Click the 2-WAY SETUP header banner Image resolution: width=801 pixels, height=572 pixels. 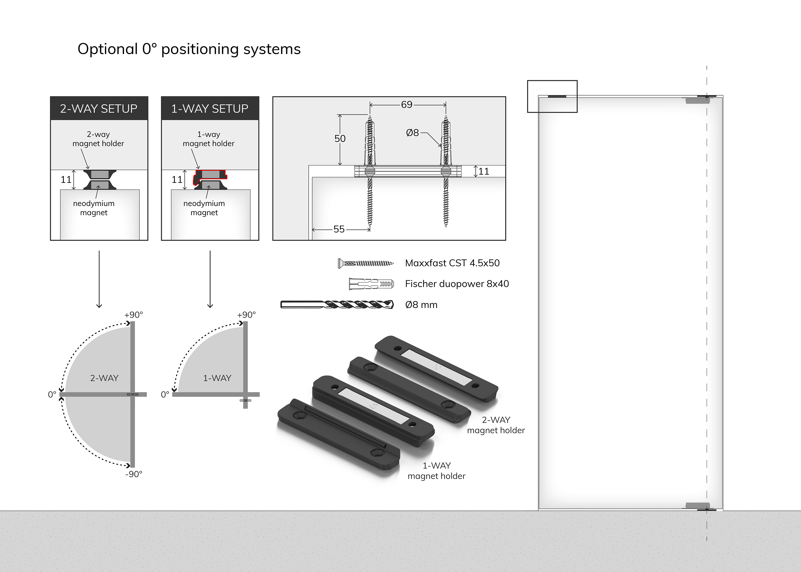[x=99, y=108]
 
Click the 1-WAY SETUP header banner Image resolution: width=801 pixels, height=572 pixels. [x=210, y=108]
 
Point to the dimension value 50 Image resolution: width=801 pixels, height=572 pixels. [x=340, y=139]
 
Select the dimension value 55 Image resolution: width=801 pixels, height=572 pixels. [x=339, y=229]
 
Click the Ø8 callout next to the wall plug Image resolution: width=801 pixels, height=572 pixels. [x=413, y=133]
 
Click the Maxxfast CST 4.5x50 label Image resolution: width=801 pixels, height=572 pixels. [x=452, y=263]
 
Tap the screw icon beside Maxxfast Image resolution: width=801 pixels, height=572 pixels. [x=366, y=263]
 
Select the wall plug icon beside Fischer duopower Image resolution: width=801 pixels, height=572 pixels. [x=371, y=283]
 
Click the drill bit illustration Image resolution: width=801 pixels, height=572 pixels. [x=337, y=304]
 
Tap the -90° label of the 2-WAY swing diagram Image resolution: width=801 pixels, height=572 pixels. [x=134, y=474]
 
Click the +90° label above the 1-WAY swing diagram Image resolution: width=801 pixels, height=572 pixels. [x=246, y=315]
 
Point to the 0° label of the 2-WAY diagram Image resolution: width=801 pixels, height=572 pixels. [x=52, y=395]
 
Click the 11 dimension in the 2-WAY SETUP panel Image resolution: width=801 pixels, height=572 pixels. [x=66, y=180]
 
